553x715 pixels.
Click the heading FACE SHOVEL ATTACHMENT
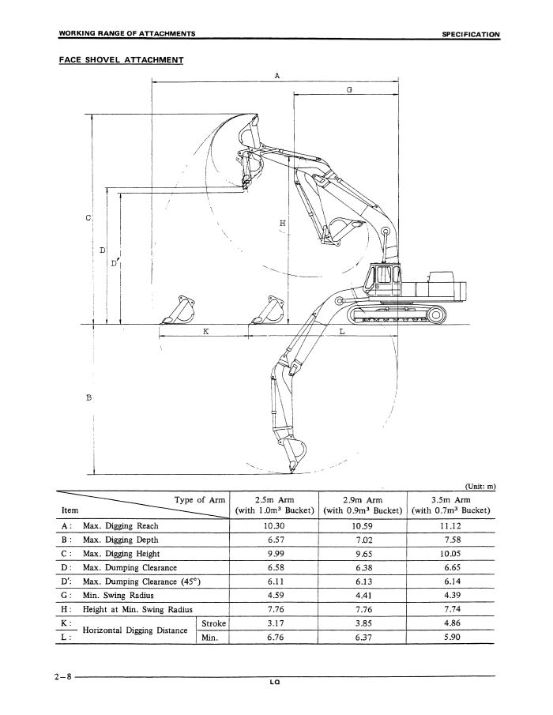pyautogui.click(x=122, y=60)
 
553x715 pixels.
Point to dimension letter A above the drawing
pyautogui.click(x=276, y=76)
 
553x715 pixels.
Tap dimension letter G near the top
pyautogui.click(x=349, y=89)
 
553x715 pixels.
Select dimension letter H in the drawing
pyautogui.click(x=282, y=223)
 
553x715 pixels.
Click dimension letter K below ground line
pyautogui.click(x=205, y=332)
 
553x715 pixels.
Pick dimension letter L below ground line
pyautogui.click(x=342, y=332)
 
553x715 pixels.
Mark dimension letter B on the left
pyautogui.click(x=88, y=397)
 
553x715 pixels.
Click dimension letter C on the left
pyautogui.click(x=88, y=217)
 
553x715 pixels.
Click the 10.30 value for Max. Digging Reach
pyautogui.click(x=274, y=525)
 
